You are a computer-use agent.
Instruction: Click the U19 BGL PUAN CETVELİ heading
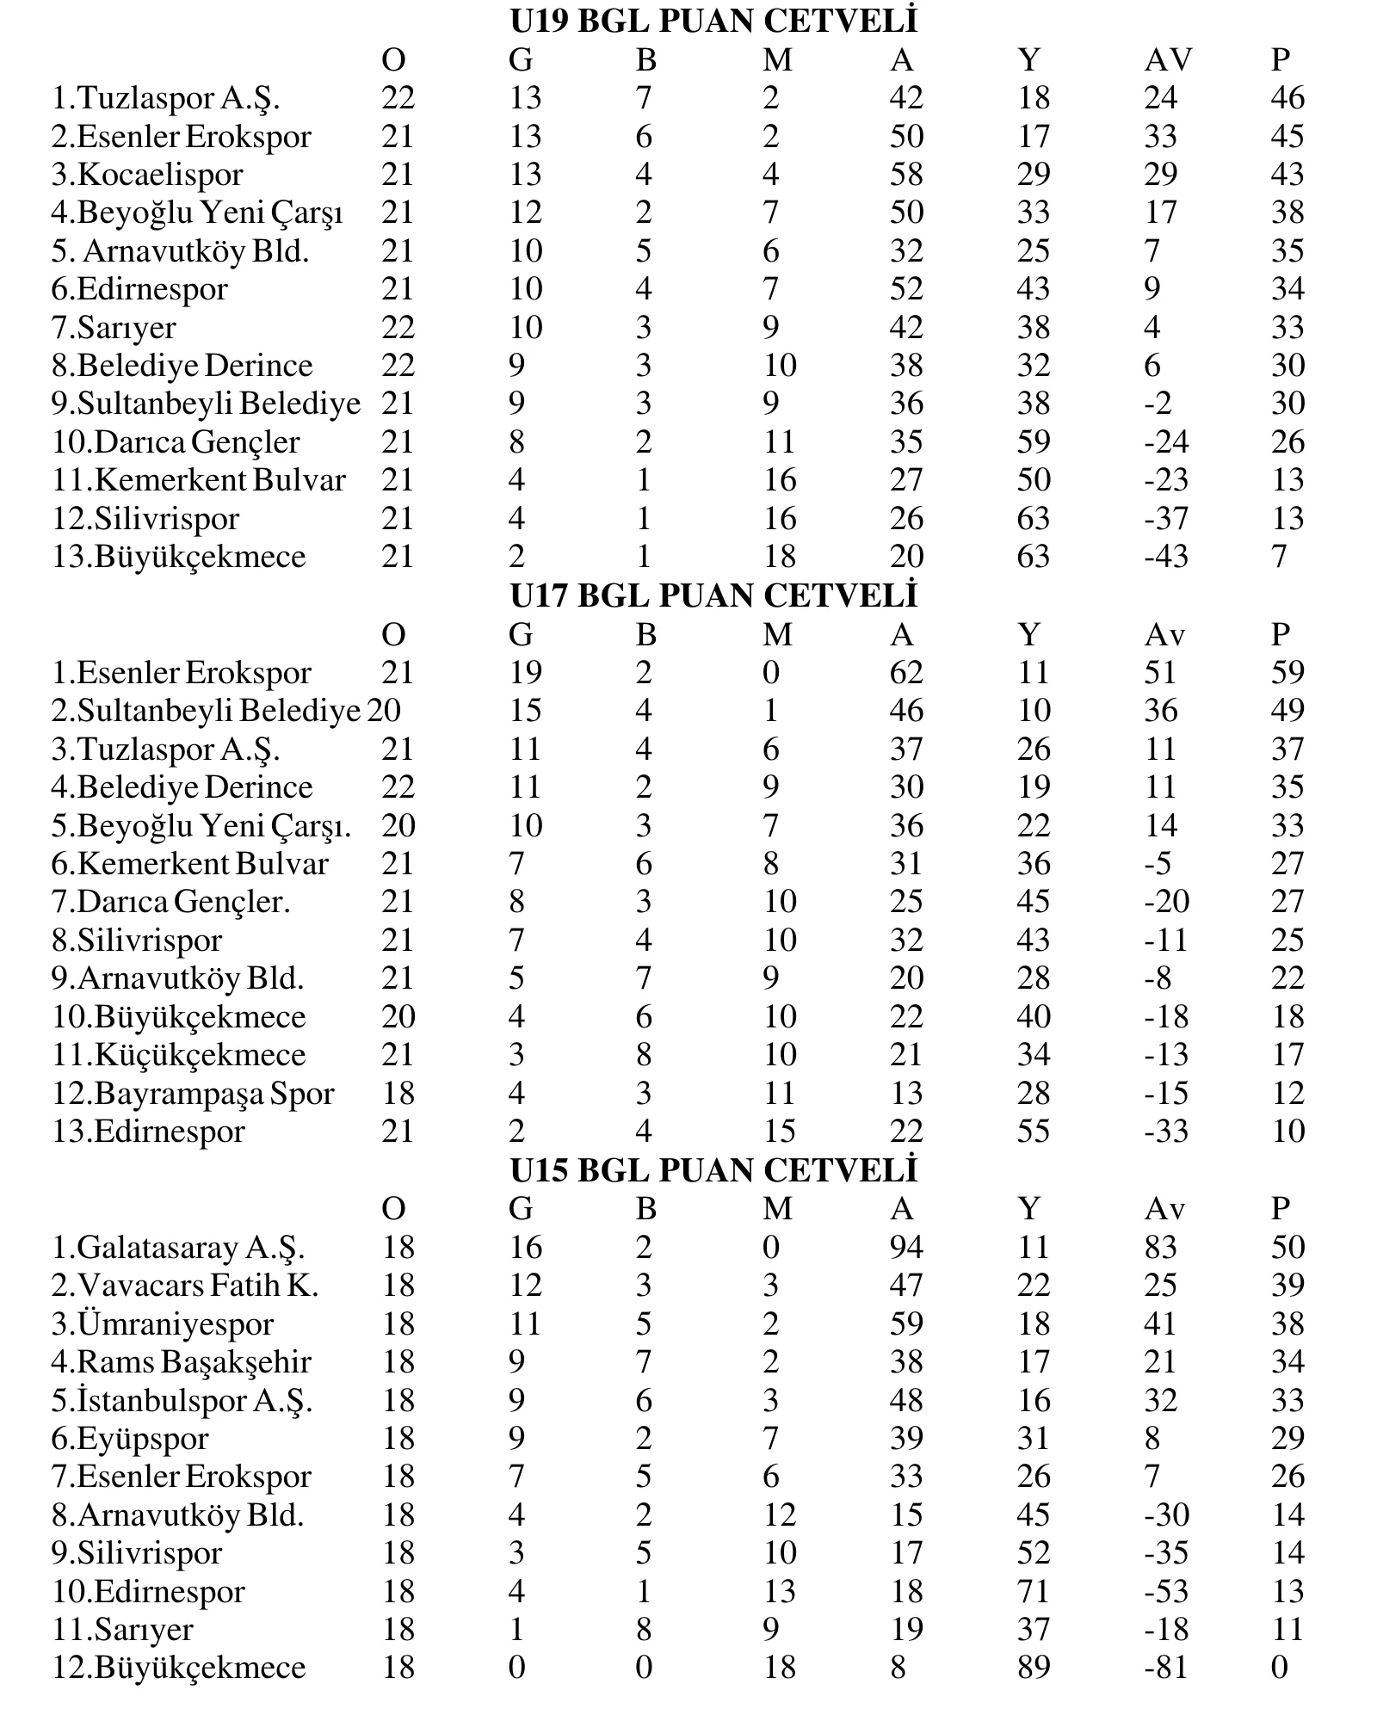713,21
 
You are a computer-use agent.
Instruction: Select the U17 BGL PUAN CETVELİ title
713,595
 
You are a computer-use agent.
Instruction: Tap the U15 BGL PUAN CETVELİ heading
713,1170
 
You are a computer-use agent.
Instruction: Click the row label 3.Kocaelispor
147,175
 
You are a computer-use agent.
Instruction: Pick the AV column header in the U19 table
1168,59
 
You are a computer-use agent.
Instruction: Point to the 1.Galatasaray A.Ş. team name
178,1248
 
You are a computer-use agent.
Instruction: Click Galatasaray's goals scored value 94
906,1248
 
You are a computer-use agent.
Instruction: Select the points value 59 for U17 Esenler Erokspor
1287,673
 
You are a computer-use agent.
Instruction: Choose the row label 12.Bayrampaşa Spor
193,1094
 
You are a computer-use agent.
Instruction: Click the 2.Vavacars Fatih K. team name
185,1286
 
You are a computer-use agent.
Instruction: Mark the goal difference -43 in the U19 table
1166,557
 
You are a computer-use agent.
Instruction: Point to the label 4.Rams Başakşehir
181,1362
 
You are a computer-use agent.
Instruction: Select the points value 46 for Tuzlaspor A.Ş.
1287,98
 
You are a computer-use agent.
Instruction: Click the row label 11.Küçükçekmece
179,1055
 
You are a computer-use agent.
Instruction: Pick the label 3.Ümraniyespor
163,1324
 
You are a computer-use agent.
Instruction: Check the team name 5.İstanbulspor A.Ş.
182,1401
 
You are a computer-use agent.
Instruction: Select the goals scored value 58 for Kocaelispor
906,175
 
